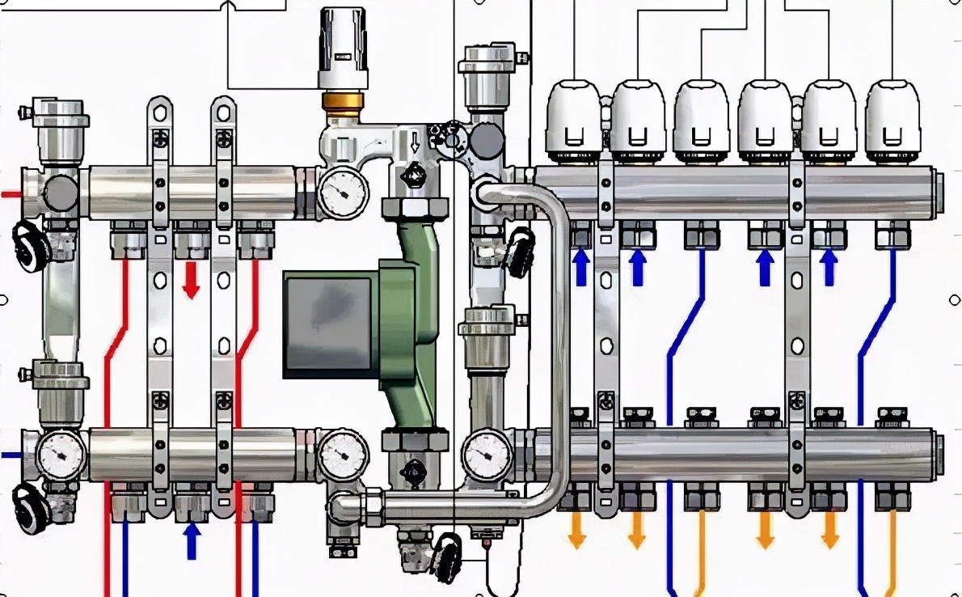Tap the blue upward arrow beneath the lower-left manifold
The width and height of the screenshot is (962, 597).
tap(192, 540)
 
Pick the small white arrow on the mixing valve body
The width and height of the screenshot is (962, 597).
tap(416, 143)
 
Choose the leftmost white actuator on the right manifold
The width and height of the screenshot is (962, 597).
tap(574, 120)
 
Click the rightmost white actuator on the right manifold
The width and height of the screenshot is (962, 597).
tap(893, 120)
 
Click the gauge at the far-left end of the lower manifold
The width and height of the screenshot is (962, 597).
tap(61, 455)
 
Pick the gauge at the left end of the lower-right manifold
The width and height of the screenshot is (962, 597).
tap(488, 455)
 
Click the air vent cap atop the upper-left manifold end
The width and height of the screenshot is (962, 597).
tap(57, 112)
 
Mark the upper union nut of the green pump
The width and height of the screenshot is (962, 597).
tap(415, 209)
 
